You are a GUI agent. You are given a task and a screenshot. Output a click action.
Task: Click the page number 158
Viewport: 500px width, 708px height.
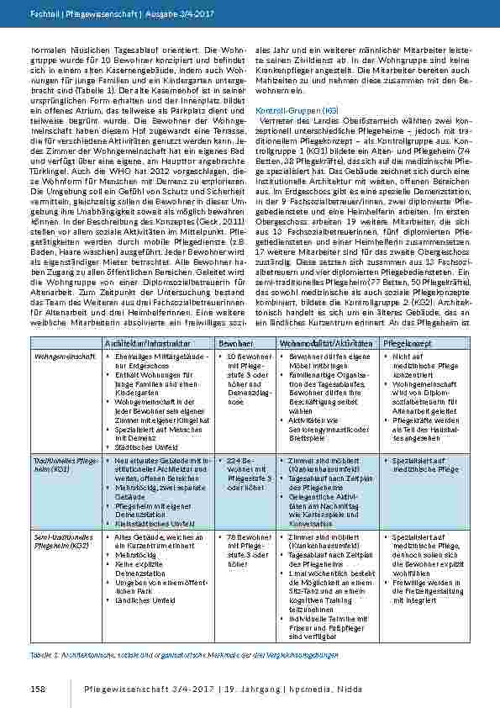[38, 690]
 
